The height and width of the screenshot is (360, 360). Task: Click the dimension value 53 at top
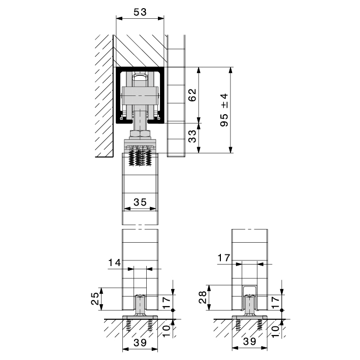pyautogui.click(x=140, y=12)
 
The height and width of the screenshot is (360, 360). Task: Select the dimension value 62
pyautogui.click(x=192, y=95)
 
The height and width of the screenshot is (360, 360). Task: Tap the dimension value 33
pyautogui.click(x=192, y=136)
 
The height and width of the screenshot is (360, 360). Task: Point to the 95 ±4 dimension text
pyautogui.click(x=224, y=110)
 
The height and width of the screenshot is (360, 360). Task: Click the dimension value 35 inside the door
pyautogui.click(x=140, y=202)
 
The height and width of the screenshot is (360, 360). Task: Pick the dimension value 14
pyautogui.click(x=114, y=263)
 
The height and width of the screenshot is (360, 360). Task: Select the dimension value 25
pyautogui.click(x=95, y=298)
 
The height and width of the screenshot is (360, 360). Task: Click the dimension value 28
pyautogui.click(x=203, y=297)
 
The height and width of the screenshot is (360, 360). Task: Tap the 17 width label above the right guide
pyautogui.click(x=223, y=258)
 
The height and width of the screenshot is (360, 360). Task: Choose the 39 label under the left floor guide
pyautogui.click(x=140, y=343)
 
